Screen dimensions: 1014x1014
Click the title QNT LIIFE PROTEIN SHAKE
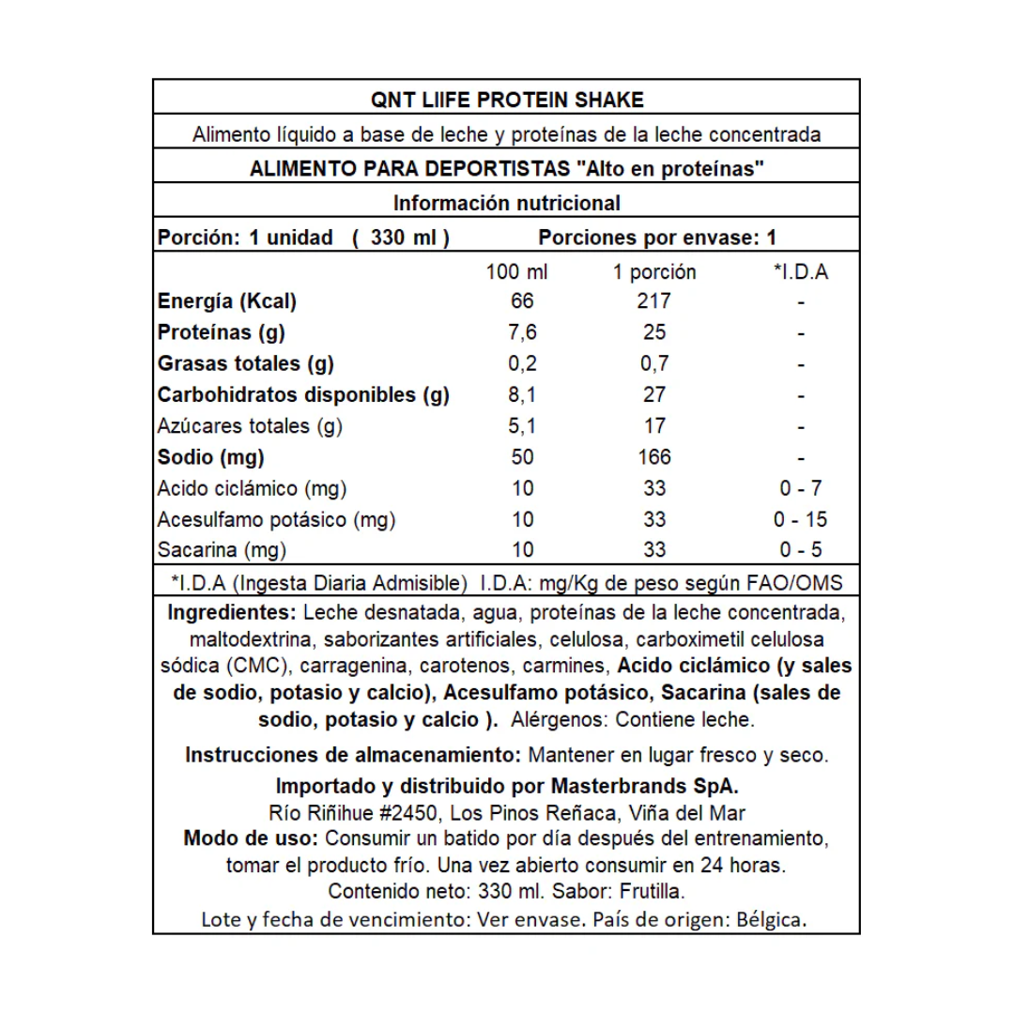(x=506, y=100)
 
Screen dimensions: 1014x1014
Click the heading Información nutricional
(x=506, y=203)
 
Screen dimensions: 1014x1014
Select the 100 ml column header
(x=516, y=272)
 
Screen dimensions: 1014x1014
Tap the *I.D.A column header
(x=801, y=272)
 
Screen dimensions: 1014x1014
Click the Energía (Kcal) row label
(x=227, y=301)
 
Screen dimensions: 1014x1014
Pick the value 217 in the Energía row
(x=653, y=301)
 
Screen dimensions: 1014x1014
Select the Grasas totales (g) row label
(x=246, y=363)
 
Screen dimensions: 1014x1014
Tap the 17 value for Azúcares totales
(x=653, y=426)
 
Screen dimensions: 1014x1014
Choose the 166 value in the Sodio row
(x=653, y=457)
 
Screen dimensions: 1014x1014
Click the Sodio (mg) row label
(x=211, y=457)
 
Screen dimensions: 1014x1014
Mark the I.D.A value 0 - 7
(x=801, y=488)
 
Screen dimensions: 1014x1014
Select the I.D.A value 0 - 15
(x=801, y=519)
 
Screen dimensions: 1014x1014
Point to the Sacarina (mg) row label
(x=222, y=550)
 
